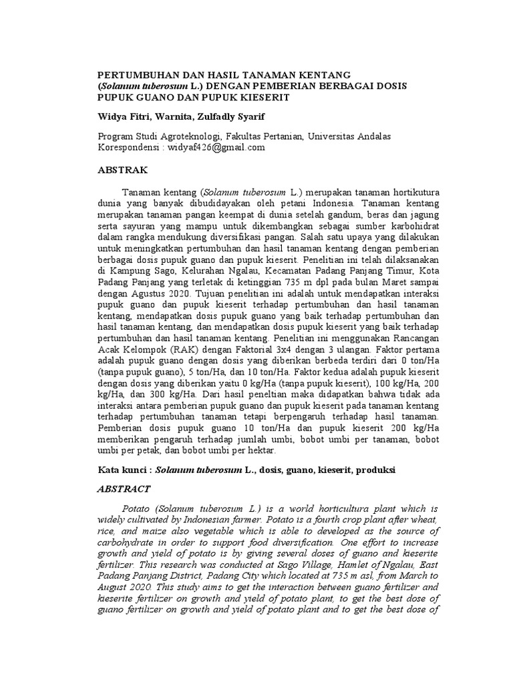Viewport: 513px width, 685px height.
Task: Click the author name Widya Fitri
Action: click(124, 117)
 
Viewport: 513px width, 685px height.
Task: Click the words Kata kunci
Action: click(122, 470)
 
